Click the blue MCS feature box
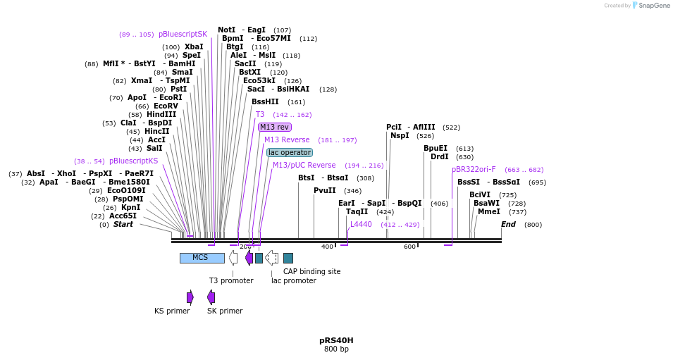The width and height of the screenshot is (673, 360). pos(202,258)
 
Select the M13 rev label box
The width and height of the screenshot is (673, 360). pos(274,127)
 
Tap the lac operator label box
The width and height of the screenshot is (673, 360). pos(290,152)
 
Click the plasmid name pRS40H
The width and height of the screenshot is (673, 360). pos(336,340)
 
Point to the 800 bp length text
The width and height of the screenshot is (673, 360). pos(336,349)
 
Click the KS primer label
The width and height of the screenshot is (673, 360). pos(172,311)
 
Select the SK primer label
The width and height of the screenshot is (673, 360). pos(225,311)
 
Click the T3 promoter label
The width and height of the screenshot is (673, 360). pos(231,280)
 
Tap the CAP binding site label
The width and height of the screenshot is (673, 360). pos(311,271)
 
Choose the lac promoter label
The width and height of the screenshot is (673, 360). pos(294,280)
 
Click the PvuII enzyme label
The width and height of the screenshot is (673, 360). pos(325,190)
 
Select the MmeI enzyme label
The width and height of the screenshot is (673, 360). pos(488,211)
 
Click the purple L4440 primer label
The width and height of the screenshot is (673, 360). pos(361,224)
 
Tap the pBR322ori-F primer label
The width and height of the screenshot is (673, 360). pos(474,169)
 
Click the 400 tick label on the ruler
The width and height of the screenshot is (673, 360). pos(327,247)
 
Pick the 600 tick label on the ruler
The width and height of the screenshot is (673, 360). pos(409,247)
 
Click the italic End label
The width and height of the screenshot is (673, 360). pos(508,224)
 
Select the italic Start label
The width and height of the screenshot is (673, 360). pos(123,224)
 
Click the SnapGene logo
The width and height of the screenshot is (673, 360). pos(649,6)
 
